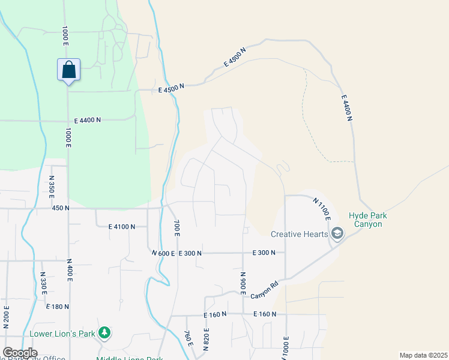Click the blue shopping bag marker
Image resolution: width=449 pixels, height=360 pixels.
[68, 70]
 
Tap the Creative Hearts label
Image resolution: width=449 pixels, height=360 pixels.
[299, 234]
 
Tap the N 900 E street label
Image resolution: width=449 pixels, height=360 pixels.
[244, 283]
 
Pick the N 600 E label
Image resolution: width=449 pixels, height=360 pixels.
[163, 253]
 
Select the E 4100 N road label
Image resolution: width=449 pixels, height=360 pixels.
[127, 227]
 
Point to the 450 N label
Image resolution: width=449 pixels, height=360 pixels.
[61, 208]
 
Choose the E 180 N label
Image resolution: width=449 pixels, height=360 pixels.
[58, 307]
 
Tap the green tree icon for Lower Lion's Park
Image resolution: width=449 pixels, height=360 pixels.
[105, 332]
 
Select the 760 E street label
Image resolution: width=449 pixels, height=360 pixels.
[188, 338]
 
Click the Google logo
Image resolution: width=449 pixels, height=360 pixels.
[20, 353]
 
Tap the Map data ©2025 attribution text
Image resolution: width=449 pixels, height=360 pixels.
[423, 355]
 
